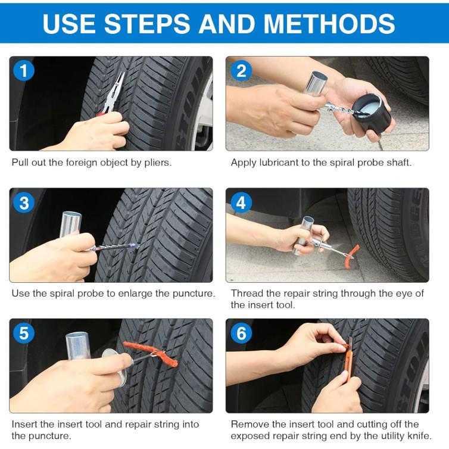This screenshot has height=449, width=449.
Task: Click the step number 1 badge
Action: [24, 71]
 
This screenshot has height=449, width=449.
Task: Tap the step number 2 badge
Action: [241, 71]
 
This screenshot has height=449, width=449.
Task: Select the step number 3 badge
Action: [24, 203]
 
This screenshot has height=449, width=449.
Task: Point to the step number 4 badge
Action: [241, 203]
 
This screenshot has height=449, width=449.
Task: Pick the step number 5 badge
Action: [24, 333]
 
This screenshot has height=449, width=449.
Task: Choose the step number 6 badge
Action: [241, 333]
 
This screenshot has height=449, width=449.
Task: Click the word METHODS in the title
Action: [329, 23]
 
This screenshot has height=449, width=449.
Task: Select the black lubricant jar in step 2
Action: [371, 111]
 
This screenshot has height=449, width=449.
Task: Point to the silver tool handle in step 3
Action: [70, 224]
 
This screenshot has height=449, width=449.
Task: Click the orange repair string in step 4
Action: [351, 251]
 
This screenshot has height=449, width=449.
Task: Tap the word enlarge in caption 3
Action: [138, 293]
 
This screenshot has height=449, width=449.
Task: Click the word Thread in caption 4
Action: [245, 293]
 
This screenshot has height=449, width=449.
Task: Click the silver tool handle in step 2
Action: [316, 83]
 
